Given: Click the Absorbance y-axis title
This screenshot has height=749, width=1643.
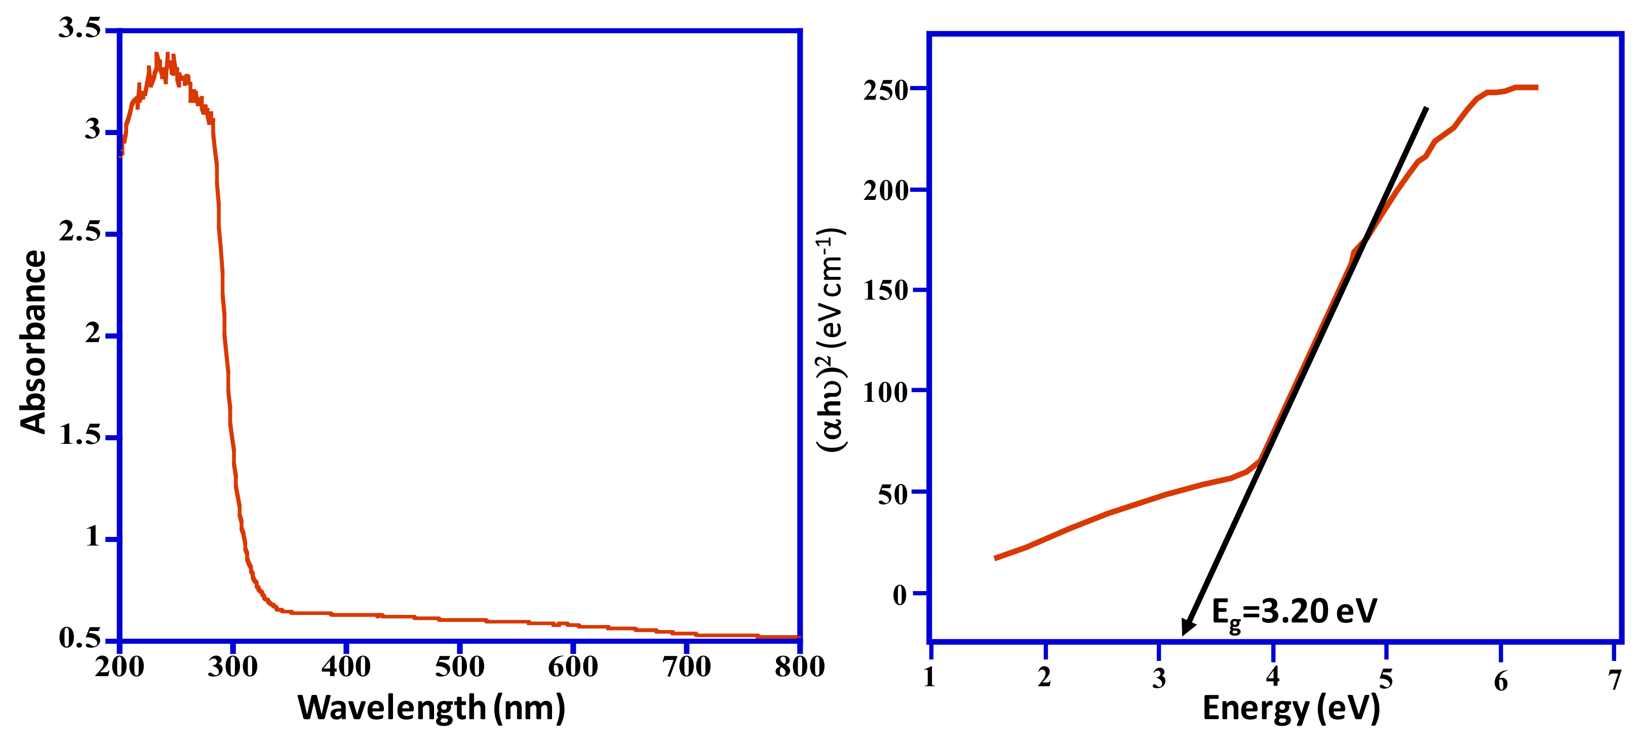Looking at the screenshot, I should (33, 342).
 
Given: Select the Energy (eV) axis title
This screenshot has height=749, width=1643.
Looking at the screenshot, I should (1291, 708).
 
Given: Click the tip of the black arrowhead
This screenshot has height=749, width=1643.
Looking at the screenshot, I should (1183, 635).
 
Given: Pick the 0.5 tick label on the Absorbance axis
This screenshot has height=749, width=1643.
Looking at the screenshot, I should (80, 638).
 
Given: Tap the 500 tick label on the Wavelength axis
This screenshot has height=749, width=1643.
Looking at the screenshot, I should (459, 668).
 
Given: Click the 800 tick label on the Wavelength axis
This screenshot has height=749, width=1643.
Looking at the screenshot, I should (800, 668).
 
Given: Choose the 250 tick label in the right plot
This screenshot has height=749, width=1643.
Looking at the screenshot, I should (886, 91).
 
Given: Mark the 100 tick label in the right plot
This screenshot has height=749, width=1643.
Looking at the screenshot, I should (886, 393).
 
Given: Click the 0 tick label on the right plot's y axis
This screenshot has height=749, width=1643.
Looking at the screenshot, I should (900, 595).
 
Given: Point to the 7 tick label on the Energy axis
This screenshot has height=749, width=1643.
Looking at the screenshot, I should (1614, 680).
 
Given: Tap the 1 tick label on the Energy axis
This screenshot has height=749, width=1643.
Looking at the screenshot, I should (930, 677).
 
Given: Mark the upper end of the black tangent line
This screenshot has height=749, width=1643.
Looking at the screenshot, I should (1427, 108).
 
